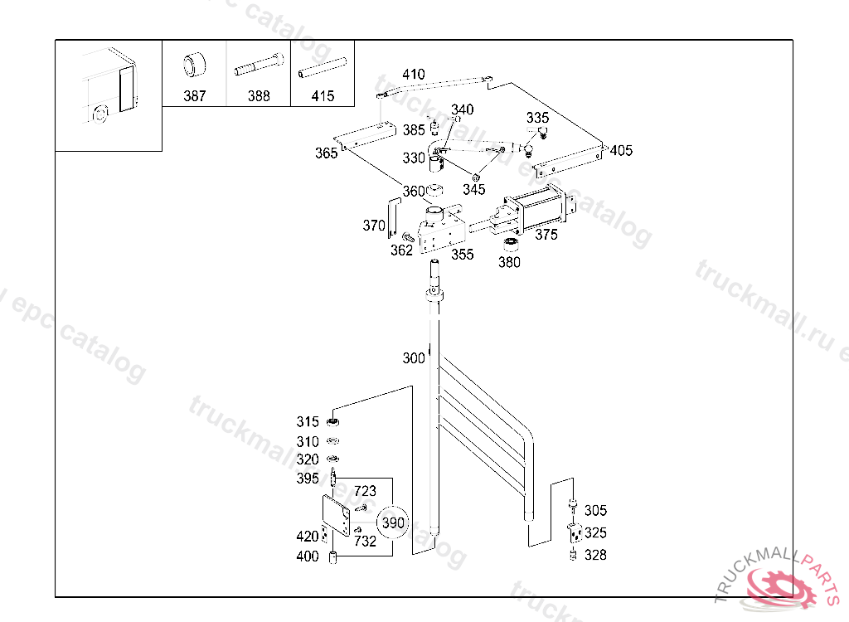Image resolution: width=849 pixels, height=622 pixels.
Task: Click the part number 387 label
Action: coord(194,96)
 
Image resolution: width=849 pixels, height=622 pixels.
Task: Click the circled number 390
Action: coord(393,522)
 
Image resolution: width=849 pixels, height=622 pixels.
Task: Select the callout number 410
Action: coord(414,75)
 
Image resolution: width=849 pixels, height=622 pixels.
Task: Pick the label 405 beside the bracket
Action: coord(621,150)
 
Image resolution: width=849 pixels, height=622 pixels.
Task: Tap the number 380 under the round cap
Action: coord(509,262)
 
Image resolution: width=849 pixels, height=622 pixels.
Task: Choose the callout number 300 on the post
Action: coord(414,358)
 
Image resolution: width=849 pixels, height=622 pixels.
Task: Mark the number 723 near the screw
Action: coord(365,492)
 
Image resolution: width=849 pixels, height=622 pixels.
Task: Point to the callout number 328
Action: coord(595,555)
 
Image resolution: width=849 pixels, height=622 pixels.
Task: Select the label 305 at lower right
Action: coord(595,511)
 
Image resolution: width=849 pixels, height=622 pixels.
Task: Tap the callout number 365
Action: coord(326,153)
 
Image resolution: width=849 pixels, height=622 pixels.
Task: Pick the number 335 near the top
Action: coord(537,118)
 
